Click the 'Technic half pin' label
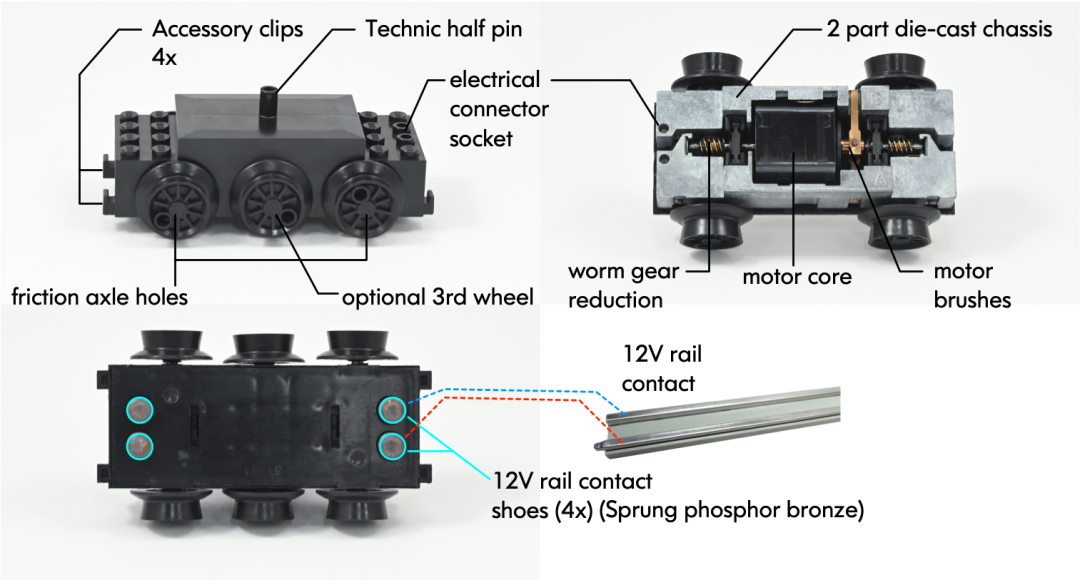click(443, 30)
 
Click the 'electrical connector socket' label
click(494, 108)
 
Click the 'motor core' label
click(797, 275)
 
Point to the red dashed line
click(520, 402)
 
